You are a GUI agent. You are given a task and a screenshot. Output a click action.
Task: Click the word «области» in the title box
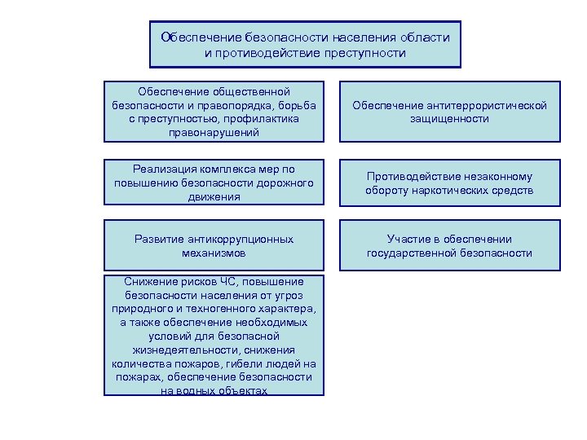coord(425,37)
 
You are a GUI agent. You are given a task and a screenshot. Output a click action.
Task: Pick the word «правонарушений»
coord(214,132)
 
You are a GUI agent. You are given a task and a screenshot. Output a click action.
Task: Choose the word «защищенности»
coord(450,119)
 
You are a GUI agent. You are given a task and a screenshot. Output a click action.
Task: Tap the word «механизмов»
coord(214,253)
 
